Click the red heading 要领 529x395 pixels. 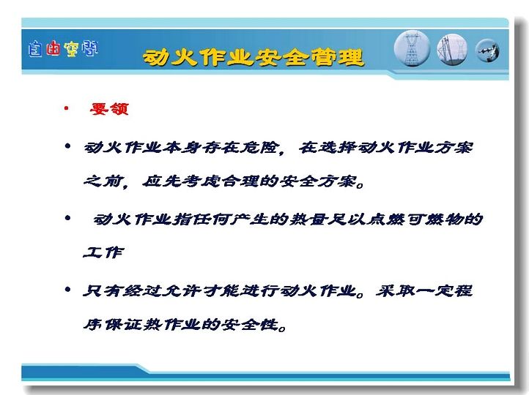[109, 109]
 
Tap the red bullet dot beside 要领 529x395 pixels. [67, 108]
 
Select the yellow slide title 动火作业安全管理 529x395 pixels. [254, 57]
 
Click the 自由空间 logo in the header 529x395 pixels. [63, 49]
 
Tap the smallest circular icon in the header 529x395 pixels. [487, 51]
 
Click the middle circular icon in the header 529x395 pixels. [452, 49]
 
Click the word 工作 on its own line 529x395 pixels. [103, 252]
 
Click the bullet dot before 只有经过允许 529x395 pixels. [67, 289]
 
